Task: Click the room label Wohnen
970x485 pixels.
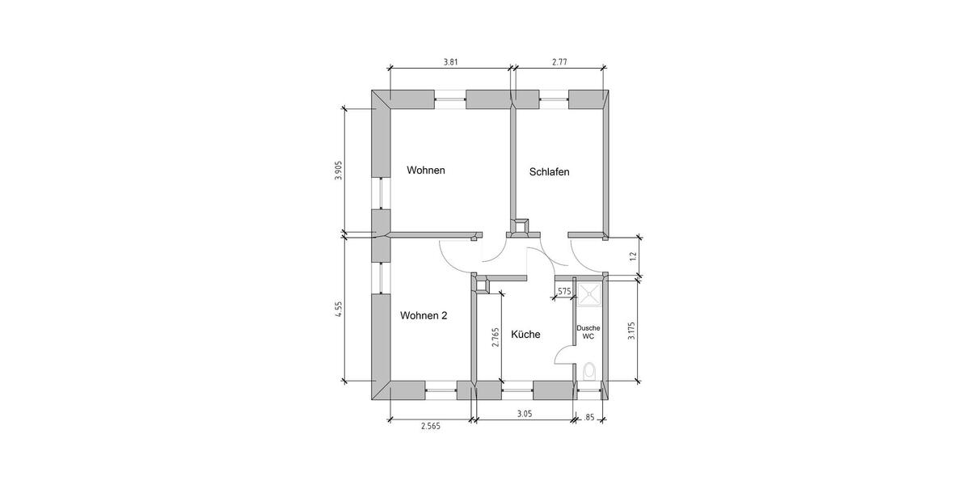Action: point(426,171)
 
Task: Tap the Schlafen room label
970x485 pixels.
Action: point(550,171)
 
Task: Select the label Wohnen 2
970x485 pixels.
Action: point(424,316)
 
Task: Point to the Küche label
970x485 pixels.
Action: point(525,334)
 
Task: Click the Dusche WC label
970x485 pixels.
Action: point(588,331)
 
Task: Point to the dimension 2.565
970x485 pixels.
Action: point(431,427)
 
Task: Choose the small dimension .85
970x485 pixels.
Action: point(589,418)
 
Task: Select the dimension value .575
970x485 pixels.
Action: point(563,291)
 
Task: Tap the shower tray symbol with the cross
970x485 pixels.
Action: point(588,293)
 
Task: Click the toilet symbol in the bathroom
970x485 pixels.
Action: point(589,372)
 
